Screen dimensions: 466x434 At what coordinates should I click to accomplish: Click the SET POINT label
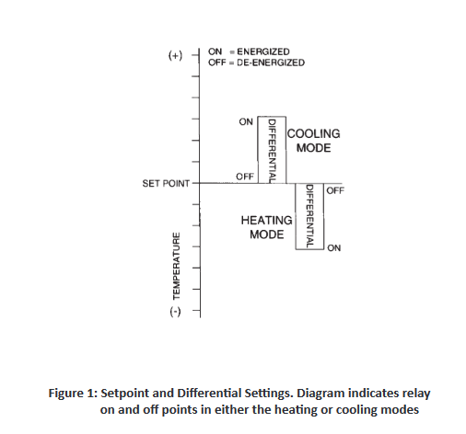[166, 183]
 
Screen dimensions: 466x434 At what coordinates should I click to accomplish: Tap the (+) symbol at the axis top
[175, 55]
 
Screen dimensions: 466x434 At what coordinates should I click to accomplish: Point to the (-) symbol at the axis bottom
[175, 312]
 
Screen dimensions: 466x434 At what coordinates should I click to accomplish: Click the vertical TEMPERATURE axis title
[176, 266]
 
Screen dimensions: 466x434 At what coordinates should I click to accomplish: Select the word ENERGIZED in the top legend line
[263, 51]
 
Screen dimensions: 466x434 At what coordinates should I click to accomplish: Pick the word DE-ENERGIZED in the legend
[271, 63]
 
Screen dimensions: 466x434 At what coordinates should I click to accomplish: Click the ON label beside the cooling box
[246, 122]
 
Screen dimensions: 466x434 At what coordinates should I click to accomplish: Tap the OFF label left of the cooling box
[245, 177]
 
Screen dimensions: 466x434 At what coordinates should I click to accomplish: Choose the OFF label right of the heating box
[335, 190]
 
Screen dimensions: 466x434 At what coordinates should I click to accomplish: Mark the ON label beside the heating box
[334, 248]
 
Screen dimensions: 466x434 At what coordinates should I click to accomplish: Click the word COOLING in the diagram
[314, 134]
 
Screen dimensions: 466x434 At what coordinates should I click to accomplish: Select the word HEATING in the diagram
[266, 221]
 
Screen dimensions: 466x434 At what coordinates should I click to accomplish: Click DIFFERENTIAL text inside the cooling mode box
[272, 151]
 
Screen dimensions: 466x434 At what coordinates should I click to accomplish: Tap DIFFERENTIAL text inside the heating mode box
[309, 216]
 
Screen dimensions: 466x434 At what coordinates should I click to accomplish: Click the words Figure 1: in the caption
[73, 394]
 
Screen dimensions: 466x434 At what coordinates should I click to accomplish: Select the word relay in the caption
[416, 394]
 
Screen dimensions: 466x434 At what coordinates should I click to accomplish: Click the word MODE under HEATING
[266, 234]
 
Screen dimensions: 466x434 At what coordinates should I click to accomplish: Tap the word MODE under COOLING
[313, 148]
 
